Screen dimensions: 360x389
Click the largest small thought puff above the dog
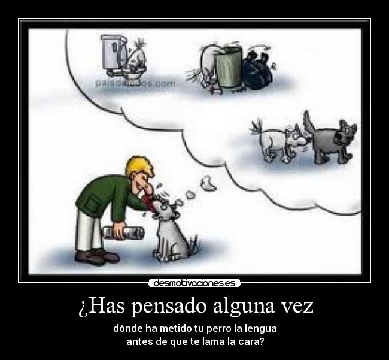208,182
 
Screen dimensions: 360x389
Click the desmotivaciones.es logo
194,282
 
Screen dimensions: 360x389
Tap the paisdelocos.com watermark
135,83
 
